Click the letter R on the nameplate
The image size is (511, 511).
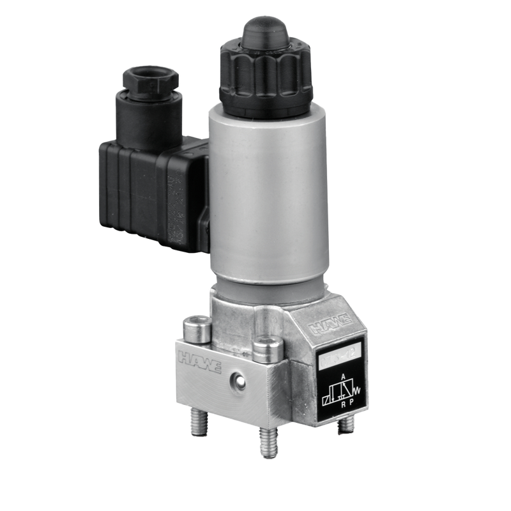(342, 404)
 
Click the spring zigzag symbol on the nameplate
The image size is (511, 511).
(356, 386)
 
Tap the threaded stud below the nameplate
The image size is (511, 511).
(345, 424)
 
